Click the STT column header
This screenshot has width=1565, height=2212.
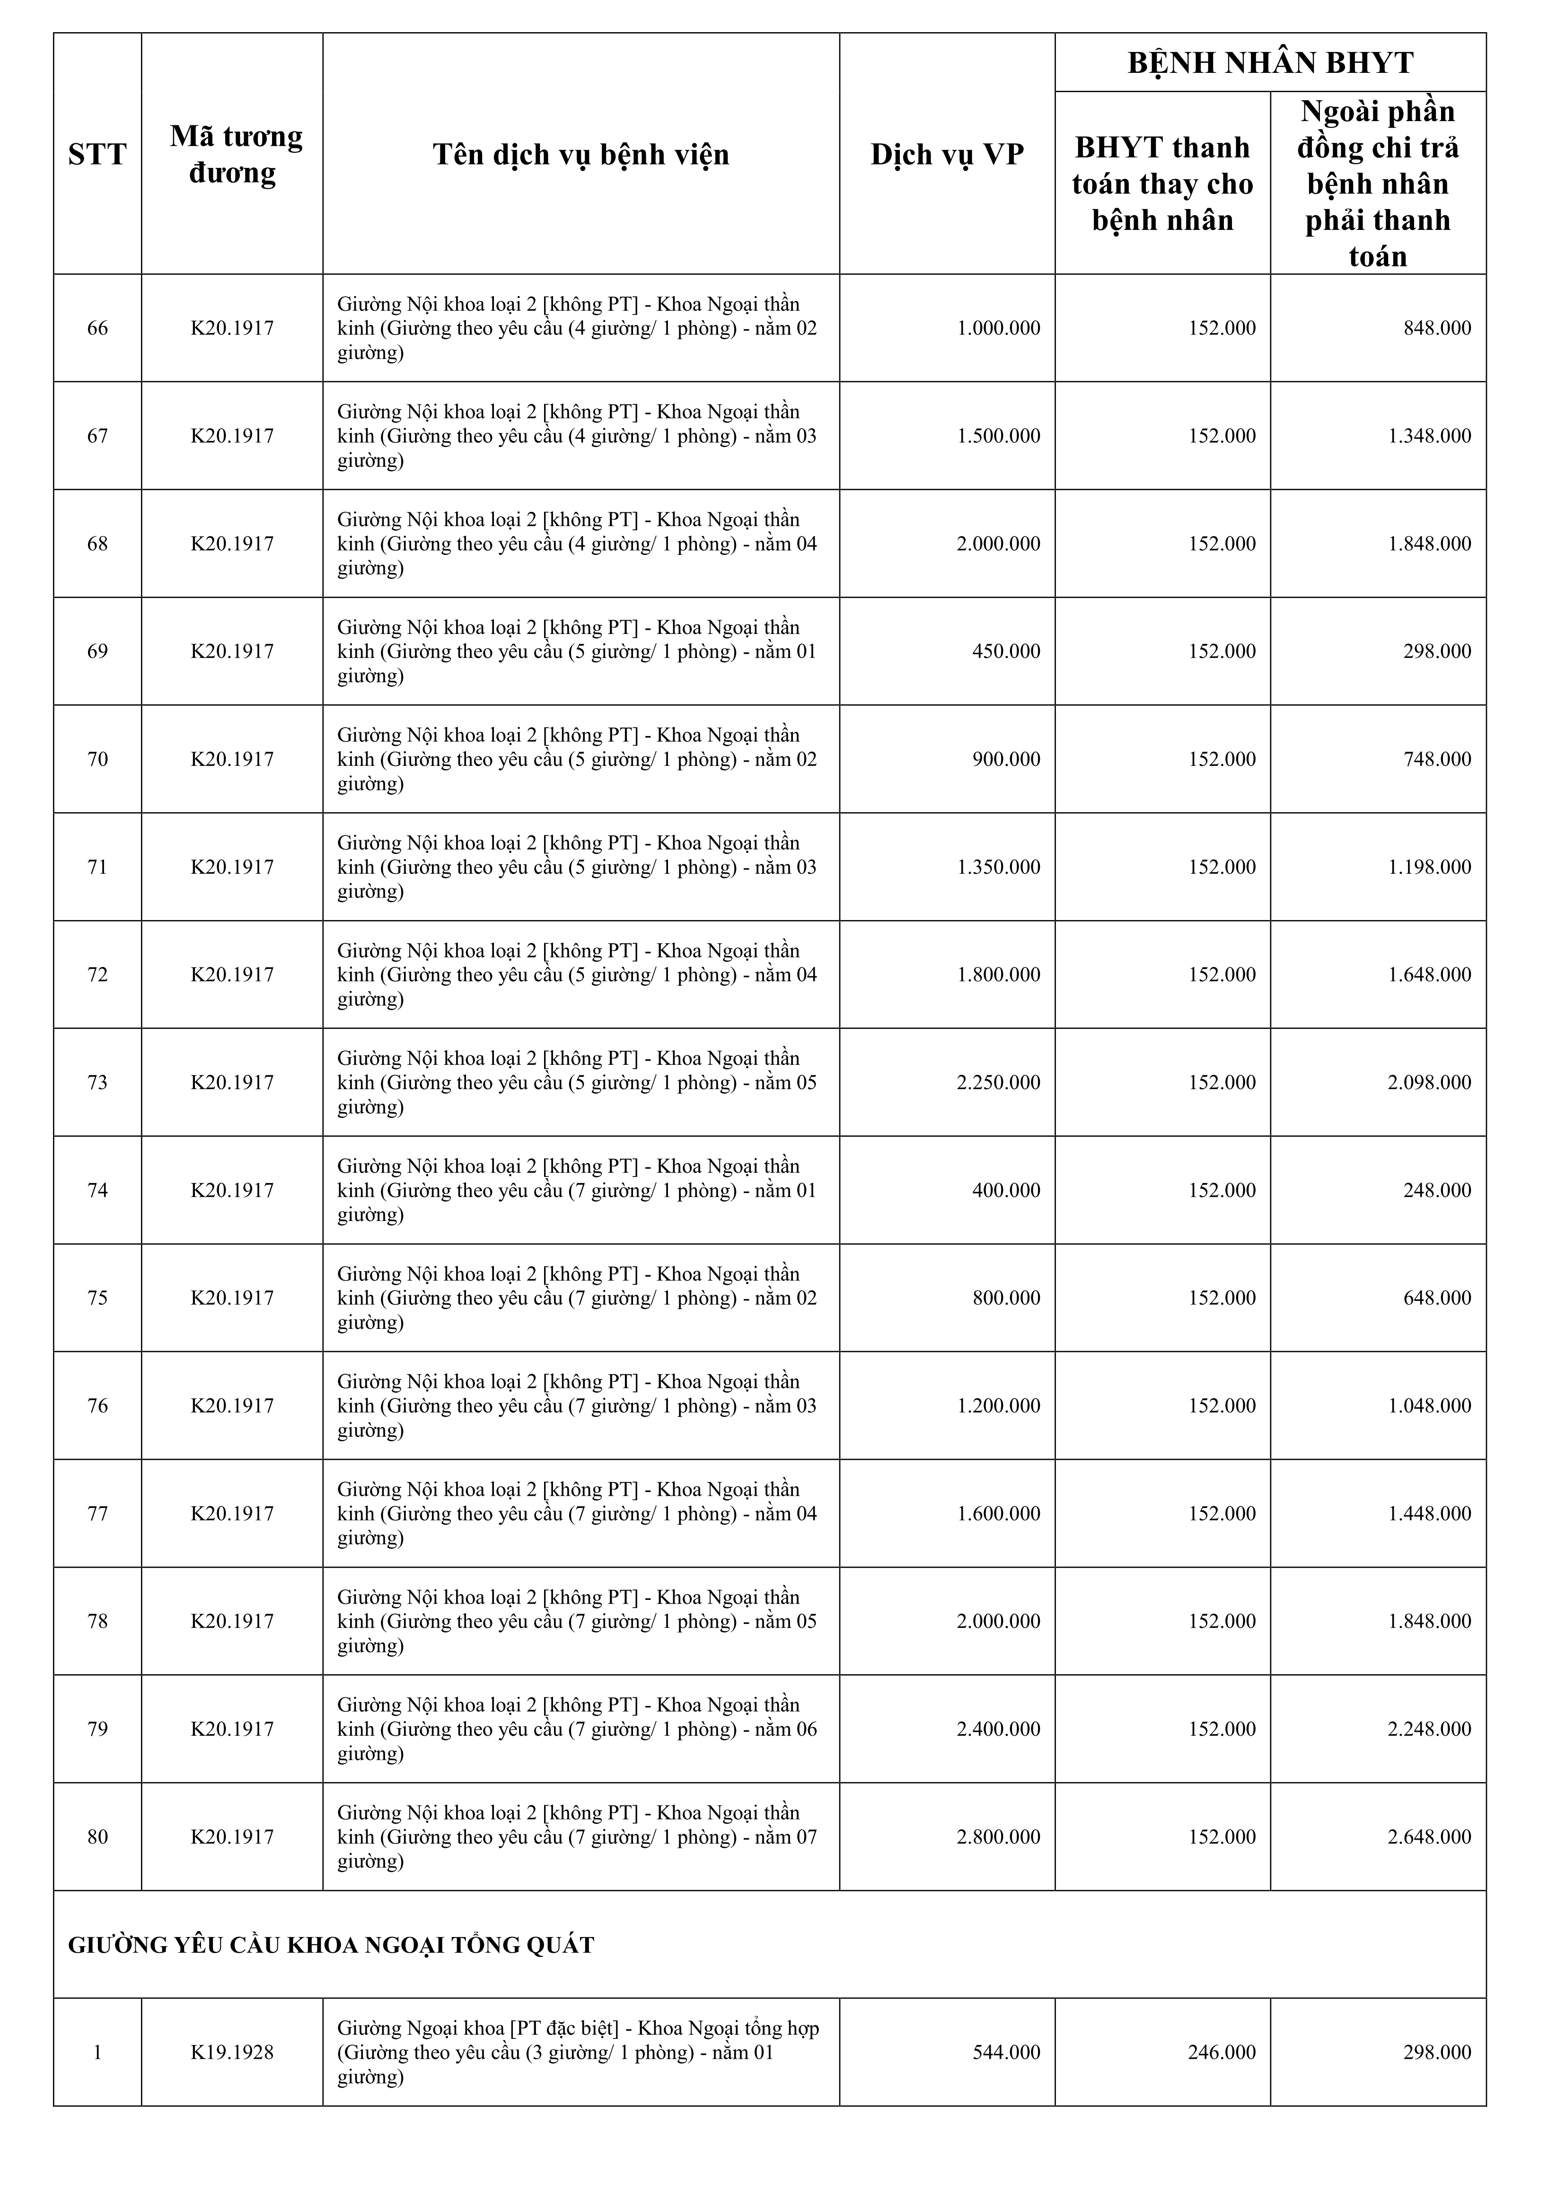tap(97, 154)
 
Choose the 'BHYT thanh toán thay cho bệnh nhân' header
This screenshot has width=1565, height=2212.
tap(1162, 183)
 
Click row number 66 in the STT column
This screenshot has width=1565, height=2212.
tap(97, 328)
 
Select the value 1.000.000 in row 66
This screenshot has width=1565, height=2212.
tap(998, 328)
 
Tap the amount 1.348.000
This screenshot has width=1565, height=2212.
tap(1429, 437)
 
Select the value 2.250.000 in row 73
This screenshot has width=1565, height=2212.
tap(998, 1083)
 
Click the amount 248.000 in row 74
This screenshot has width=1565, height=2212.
tap(1437, 1191)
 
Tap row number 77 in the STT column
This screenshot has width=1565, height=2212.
tap(97, 1513)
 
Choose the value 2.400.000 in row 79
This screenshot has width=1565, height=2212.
tap(998, 1729)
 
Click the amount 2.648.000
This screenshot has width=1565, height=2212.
tap(1429, 1837)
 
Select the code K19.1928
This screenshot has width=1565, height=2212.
tap(232, 2053)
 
